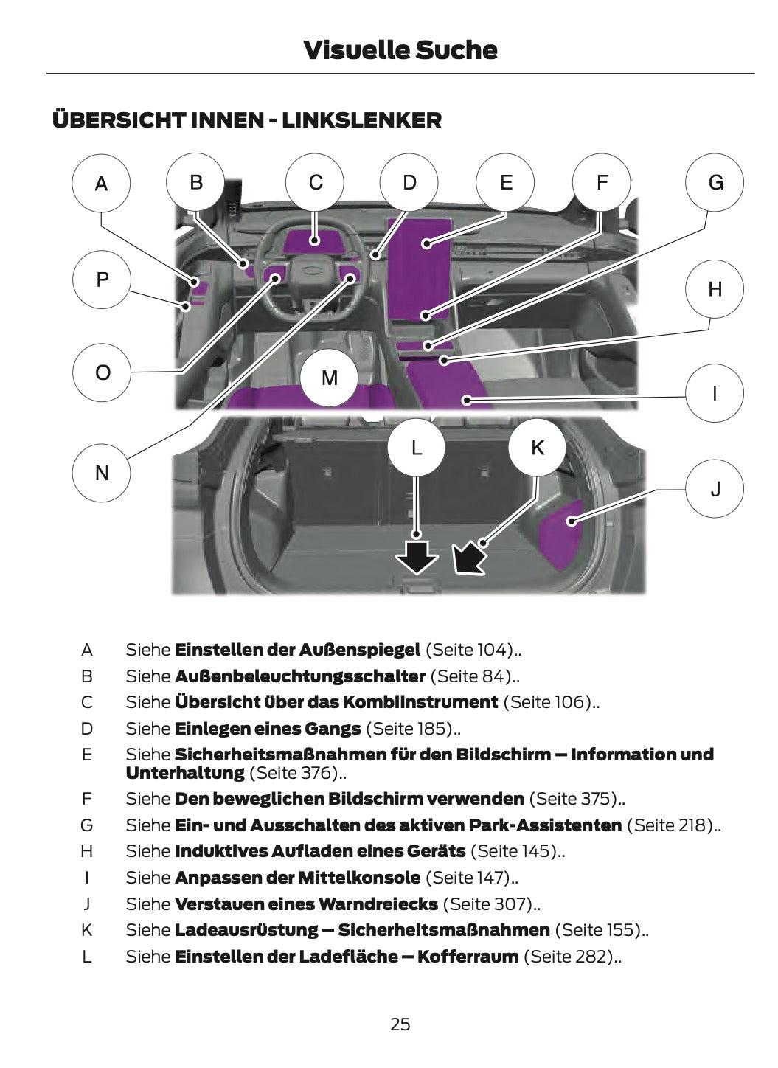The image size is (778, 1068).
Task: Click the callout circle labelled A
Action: pos(101,183)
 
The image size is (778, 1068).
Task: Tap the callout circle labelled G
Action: pos(715,183)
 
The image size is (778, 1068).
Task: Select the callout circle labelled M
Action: pos(330,378)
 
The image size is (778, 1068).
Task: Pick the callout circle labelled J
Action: pos(715,488)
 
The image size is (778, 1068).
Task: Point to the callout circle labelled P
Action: pos(102,280)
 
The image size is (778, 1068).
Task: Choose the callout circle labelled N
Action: pos(102,473)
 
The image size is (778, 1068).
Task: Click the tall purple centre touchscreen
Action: pos(419,269)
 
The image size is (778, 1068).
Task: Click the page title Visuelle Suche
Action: pos(400,50)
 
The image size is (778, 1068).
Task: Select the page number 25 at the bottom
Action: pos(400,1024)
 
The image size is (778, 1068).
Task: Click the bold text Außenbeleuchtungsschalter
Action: pos(299,676)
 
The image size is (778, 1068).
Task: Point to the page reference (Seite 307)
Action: pos(492,904)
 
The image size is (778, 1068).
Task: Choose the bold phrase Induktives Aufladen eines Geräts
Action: pos(320,850)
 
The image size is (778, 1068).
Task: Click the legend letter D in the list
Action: pos(87,729)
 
